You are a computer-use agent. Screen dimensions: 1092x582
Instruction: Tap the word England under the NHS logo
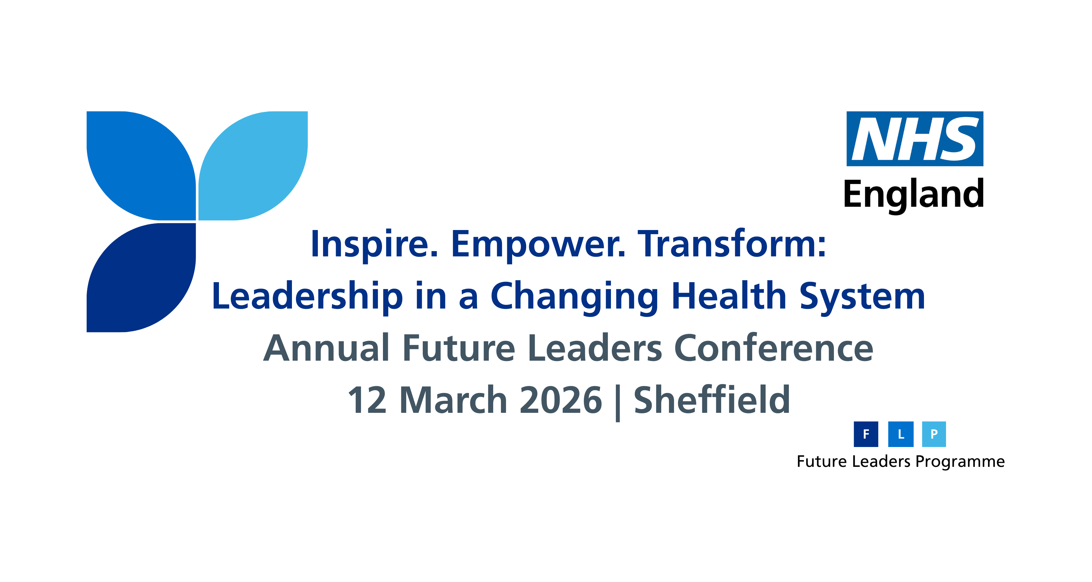tap(913, 195)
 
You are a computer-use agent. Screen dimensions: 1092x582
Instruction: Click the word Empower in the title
tap(538, 245)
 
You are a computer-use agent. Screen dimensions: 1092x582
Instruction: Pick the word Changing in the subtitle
tap(574, 297)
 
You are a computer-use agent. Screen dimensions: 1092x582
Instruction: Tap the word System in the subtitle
tap(862, 297)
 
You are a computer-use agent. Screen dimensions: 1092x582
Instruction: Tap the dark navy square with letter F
tap(866, 434)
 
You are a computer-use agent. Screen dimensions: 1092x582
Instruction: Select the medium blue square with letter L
tap(901, 434)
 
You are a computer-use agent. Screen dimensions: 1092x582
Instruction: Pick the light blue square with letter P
tap(934, 434)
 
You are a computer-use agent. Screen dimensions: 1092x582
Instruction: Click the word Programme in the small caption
tap(960, 462)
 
